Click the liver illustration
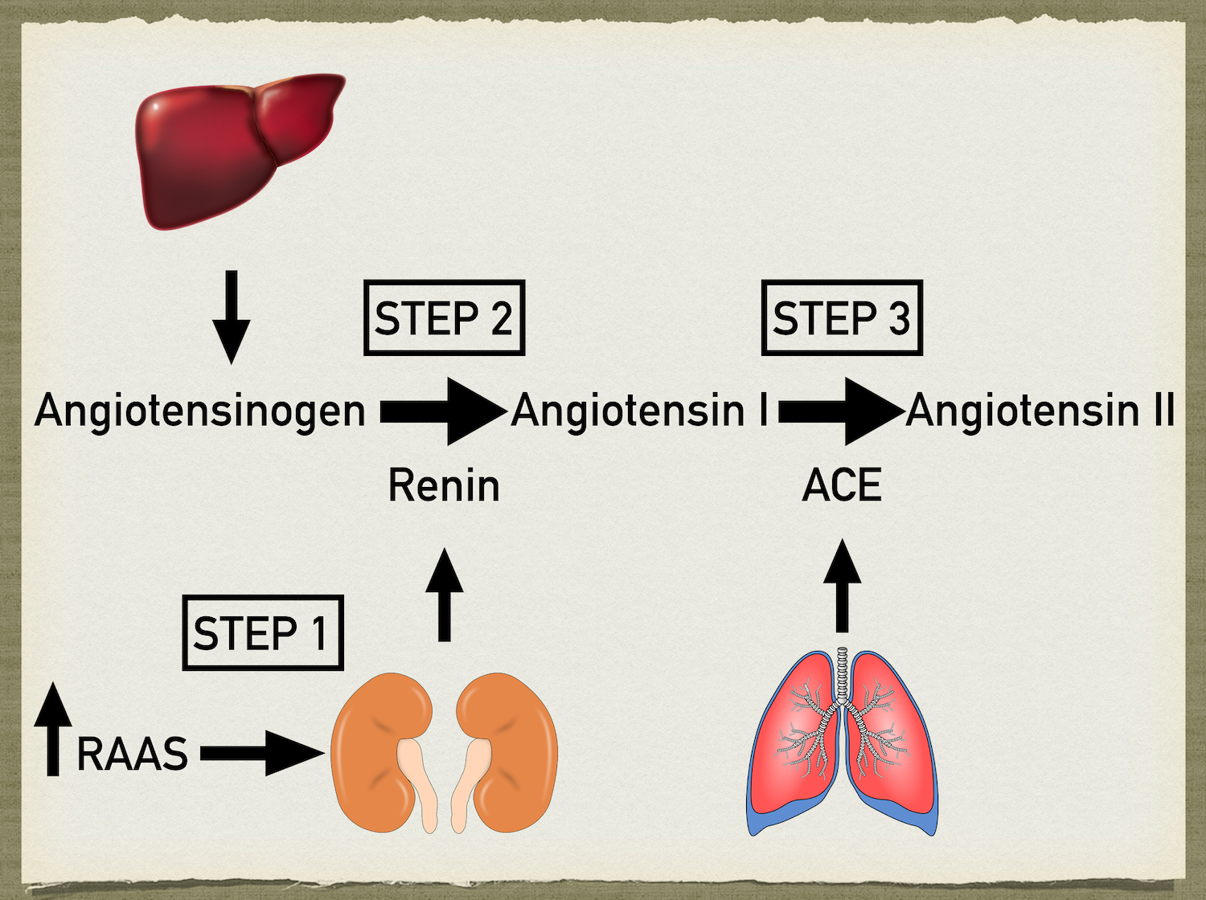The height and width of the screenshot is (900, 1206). tap(233, 149)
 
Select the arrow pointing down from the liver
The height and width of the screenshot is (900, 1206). tap(232, 317)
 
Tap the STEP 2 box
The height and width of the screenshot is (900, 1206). tap(444, 318)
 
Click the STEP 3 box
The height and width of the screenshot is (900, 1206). tap(842, 318)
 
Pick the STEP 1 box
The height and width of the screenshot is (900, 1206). tap(263, 633)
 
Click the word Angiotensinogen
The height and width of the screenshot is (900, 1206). tap(200, 411)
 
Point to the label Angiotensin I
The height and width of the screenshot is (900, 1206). tap(640, 411)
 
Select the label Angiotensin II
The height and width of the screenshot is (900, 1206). tap(1040, 411)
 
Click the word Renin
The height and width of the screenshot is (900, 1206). tap(444, 486)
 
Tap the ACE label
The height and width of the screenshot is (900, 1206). tap(842, 486)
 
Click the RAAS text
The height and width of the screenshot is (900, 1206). tap(133, 754)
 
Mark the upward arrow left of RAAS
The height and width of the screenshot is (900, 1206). tap(53, 728)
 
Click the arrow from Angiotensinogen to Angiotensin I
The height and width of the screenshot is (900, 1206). tap(442, 411)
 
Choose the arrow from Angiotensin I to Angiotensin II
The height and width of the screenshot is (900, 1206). tap(840, 411)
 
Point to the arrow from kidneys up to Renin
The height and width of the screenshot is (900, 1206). tap(444, 595)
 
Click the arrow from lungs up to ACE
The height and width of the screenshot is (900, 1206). tap(842, 587)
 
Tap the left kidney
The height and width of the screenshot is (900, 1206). tap(378, 751)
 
